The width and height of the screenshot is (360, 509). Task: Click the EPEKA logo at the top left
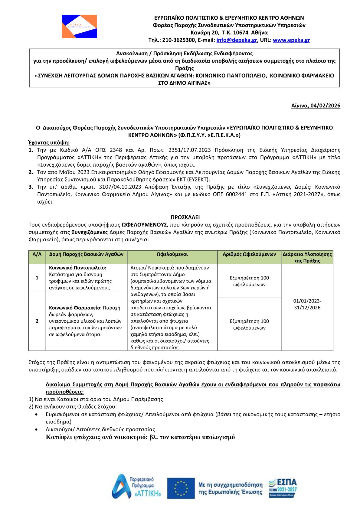point(79,26)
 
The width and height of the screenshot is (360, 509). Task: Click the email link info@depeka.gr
point(237,40)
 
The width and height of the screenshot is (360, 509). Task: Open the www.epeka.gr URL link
point(291,40)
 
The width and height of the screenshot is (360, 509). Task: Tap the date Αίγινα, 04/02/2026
point(316,106)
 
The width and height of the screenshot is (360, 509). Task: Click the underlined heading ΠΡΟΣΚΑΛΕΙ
point(185,217)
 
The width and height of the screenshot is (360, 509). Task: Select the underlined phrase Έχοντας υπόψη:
point(49,142)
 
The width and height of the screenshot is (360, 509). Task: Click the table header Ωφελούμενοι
point(172,254)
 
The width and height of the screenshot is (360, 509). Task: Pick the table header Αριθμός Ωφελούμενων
point(249,254)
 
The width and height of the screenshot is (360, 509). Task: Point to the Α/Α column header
point(37,254)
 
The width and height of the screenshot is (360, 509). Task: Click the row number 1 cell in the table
point(37,278)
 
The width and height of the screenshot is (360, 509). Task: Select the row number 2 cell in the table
point(37,321)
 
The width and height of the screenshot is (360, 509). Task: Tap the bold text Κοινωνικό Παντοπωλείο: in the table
point(78,268)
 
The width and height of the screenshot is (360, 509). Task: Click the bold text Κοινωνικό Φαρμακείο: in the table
point(75,308)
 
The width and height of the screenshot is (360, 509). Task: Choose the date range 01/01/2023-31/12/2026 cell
point(307,304)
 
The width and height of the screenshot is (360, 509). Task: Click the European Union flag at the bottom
point(181,488)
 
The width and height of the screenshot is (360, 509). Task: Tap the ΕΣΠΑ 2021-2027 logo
point(283,488)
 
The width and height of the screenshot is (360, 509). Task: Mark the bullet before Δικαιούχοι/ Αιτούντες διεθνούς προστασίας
point(37,429)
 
